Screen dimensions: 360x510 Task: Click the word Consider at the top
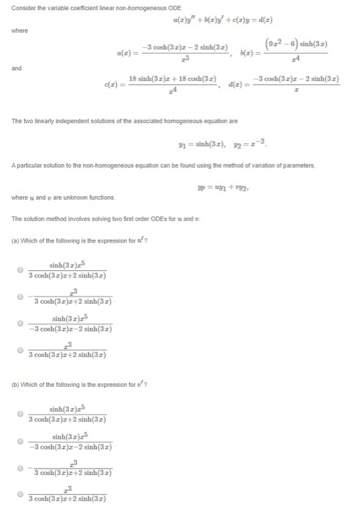(x=23, y=6)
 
